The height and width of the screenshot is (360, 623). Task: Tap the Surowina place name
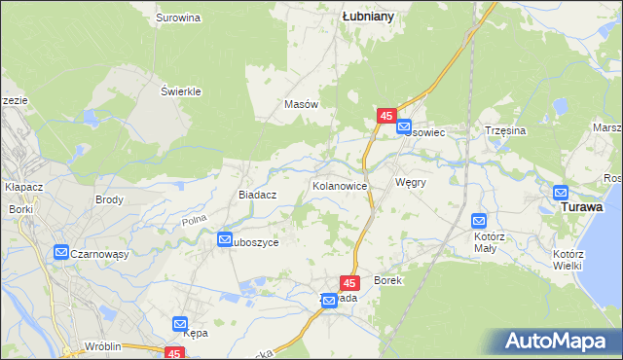point(178,18)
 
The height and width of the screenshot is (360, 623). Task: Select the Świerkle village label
point(180,91)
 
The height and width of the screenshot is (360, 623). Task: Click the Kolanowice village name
point(339,185)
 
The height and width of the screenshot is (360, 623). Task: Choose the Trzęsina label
point(505,130)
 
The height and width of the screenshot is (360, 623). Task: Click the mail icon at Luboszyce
point(225,239)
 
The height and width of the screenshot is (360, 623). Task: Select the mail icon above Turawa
point(562,193)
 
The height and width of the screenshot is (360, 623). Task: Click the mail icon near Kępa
point(180,323)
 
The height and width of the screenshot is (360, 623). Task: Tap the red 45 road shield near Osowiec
point(385,116)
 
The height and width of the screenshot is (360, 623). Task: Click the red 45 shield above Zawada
point(351,282)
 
